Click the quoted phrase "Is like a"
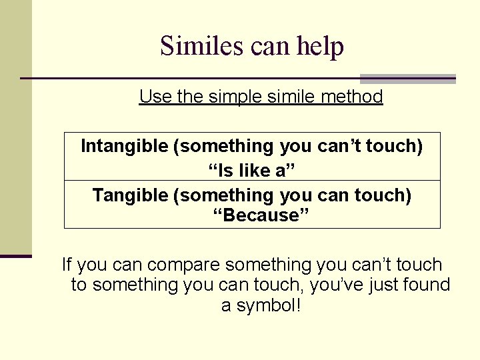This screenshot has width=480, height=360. coord(251,171)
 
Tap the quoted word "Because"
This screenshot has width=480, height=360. coord(251,215)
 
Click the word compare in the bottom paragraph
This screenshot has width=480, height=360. coord(185,265)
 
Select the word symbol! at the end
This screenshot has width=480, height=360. coord(261,306)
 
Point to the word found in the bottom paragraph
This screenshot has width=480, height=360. coord(427,285)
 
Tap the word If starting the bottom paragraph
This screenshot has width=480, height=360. coord(67,265)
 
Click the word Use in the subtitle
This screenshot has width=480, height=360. coord(153,97)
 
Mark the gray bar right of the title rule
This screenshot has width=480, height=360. coord(407,79)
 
